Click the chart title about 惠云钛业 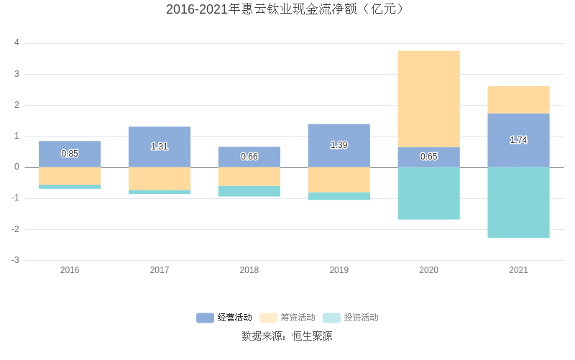pyautogui.click(x=287, y=9)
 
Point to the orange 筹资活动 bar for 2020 pyautogui.click(x=428, y=99)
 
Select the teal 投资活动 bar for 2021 pyautogui.click(x=518, y=202)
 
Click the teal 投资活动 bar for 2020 pyautogui.click(x=428, y=193)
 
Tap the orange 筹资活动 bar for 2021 pyautogui.click(x=518, y=100)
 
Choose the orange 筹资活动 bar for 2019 pyautogui.click(x=339, y=180)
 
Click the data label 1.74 pyautogui.click(x=518, y=140)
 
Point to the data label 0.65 pyautogui.click(x=428, y=157)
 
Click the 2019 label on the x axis pyautogui.click(x=339, y=270)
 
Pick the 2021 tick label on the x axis pyautogui.click(x=518, y=270)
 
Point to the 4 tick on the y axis pyautogui.click(x=17, y=43)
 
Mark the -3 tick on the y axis pyautogui.click(x=15, y=260)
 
